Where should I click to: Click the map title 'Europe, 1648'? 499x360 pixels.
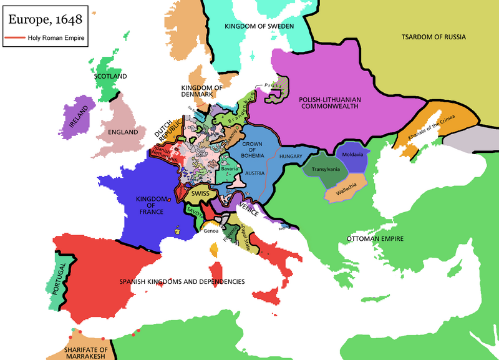tap(44, 19)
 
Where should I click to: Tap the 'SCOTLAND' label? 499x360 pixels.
tap(110, 76)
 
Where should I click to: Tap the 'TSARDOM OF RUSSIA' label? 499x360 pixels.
tap(434, 37)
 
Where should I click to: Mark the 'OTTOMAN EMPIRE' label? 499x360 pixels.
tap(375, 238)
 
